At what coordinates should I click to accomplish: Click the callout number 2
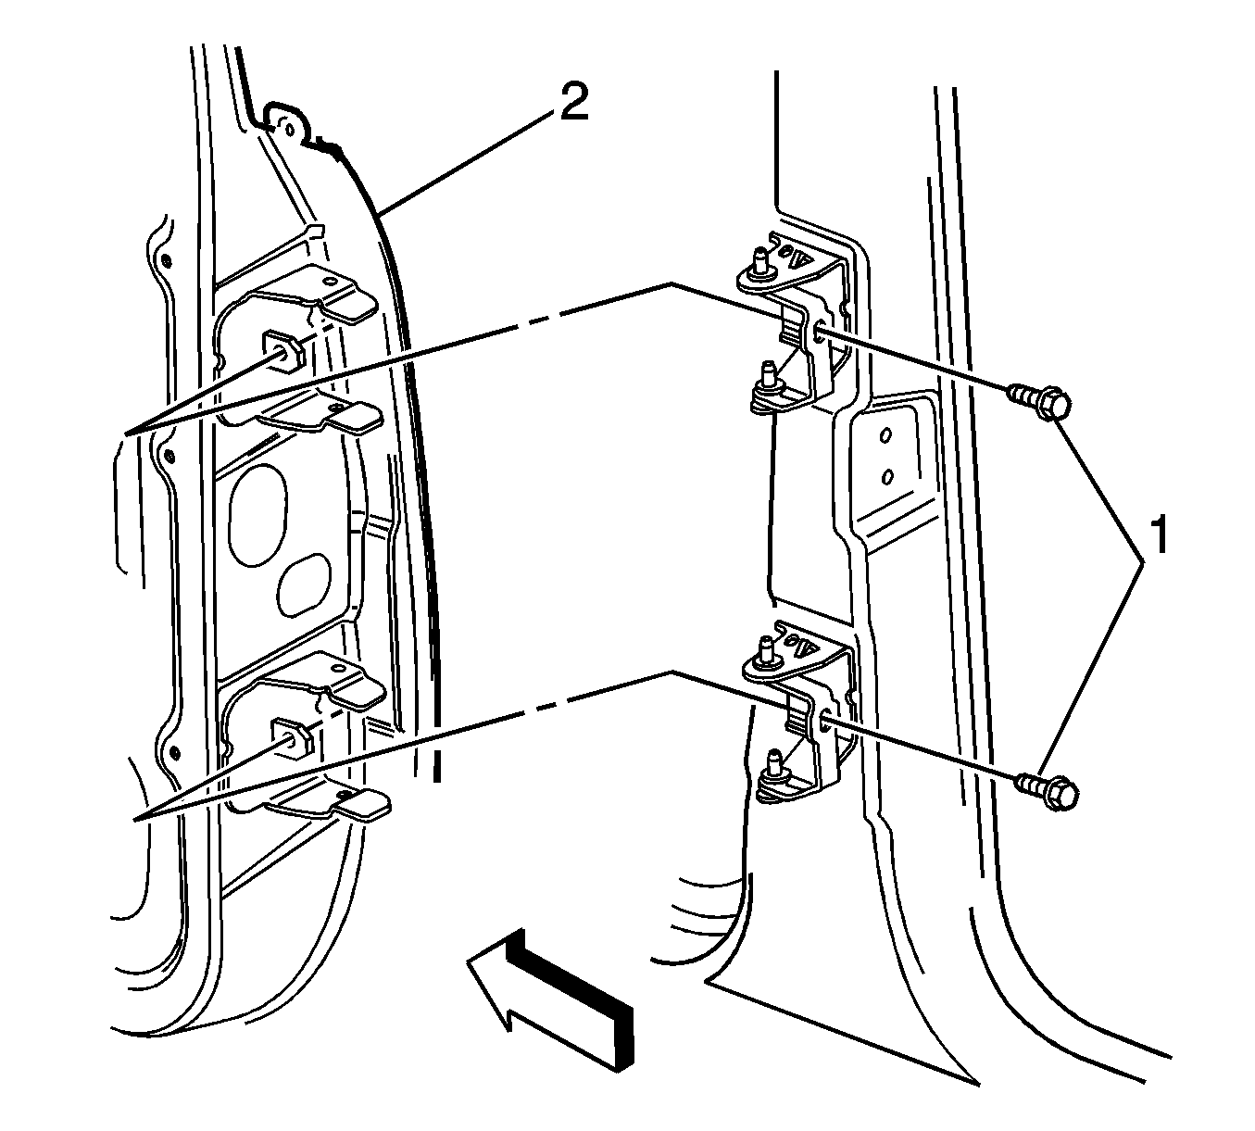(x=571, y=103)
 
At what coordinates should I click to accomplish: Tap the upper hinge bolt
(x=1039, y=402)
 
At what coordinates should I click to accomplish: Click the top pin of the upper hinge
(x=759, y=260)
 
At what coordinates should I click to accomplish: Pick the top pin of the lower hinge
(x=767, y=648)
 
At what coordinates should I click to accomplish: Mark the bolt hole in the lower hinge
(x=822, y=718)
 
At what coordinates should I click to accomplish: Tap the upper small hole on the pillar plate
(x=885, y=435)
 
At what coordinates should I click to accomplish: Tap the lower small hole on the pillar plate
(x=887, y=476)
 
